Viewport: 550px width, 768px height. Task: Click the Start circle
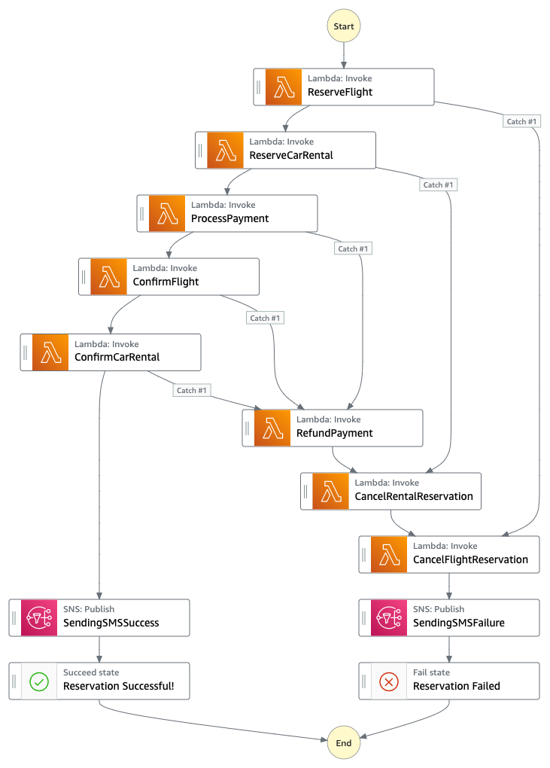tap(344, 26)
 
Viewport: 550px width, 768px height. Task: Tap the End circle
tap(344, 742)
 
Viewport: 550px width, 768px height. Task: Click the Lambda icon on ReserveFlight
tap(284, 87)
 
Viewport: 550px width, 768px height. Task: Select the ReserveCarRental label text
tap(291, 155)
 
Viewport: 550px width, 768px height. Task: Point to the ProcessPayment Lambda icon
tap(167, 214)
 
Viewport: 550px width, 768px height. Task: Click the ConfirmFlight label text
tap(166, 282)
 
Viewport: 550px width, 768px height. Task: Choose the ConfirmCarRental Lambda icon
tap(50, 352)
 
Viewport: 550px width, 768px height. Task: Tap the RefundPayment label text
tap(335, 433)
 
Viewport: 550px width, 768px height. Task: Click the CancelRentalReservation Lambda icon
tap(331, 491)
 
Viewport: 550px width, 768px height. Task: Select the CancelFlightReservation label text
tap(471, 559)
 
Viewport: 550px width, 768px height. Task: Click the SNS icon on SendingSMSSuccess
tap(39, 617)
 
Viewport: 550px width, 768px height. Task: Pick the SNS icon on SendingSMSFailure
tap(389, 617)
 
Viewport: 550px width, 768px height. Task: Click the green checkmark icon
tap(39, 681)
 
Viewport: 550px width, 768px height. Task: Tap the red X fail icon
tap(389, 681)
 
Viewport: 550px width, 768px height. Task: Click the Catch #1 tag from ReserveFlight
tap(521, 121)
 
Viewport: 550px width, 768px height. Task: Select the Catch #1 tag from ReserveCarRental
tap(438, 184)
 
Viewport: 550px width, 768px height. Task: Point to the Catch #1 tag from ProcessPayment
tap(353, 248)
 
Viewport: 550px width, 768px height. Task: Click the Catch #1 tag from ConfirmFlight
tap(265, 318)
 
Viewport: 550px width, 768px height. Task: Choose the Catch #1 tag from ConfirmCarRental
tap(191, 390)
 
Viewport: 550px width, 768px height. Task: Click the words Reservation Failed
tap(457, 686)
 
